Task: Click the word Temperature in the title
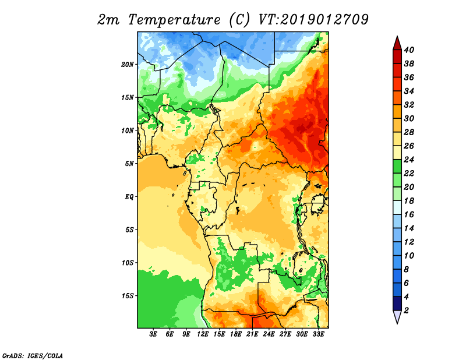(x=174, y=20)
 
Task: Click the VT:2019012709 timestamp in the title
(x=313, y=20)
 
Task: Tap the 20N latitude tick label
(x=128, y=65)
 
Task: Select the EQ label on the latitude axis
(x=129, y=197)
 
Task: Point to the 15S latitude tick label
(x=128, y=296)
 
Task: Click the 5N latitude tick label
(x=129, y=164)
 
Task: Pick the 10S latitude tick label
(x=128, y=263)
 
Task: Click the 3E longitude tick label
(x=153, y=334)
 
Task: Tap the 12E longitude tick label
(x=203, y=334)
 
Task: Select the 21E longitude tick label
(x=252, y=334)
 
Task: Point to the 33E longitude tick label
(x=318, y=334)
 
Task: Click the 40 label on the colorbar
(x=409, y=50)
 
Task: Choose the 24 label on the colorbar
(x=409, y=160)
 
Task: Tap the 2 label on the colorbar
(x=407, y=310)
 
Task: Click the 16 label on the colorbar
(x=409, y=214)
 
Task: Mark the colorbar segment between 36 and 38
(x=397, y=70)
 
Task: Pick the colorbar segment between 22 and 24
(x=397, y=167)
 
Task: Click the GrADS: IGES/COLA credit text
(x=33, y=355)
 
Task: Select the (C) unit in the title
(x=239, y=20)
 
